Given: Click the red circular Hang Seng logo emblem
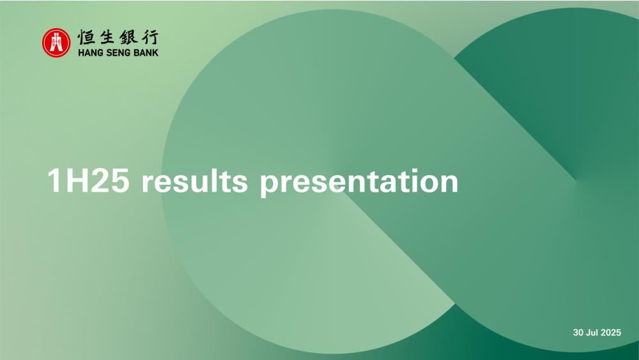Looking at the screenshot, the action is click(x=56, y=42).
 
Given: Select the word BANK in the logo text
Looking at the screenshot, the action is click(x=146, y=52).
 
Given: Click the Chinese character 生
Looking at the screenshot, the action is click(x=108, y=37).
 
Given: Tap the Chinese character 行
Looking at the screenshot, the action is click(x=149, y=37).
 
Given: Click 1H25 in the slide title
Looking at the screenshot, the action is click(x=88, y=180).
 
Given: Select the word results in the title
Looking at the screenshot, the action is click(x=194, y=180).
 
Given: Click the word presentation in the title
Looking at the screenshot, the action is click(x=359, y=182).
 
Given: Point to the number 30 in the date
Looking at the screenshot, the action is click(x=578, y=333).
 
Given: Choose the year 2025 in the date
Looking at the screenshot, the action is click(x=611, y=333).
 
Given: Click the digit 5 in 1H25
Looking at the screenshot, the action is click(x=120, y=180).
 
